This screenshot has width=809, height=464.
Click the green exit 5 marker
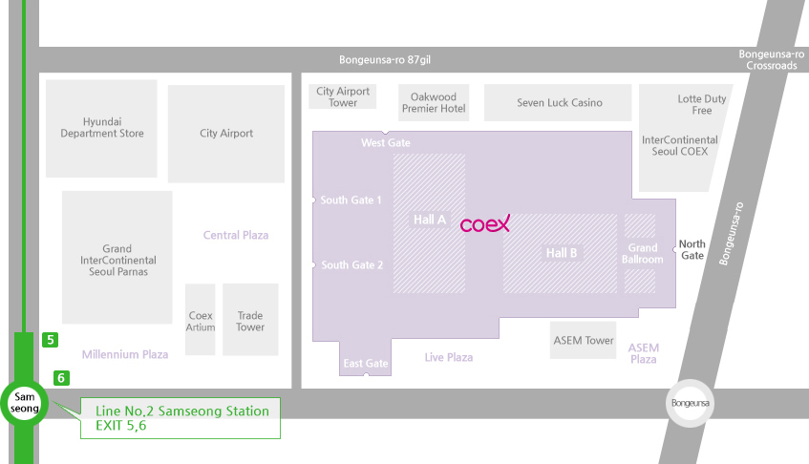[x=50, y=340]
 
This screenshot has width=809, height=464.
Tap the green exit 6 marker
[x=61, y=378]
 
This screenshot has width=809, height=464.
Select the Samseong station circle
[x=24, y=403]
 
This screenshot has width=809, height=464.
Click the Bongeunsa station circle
[x=691, y=403]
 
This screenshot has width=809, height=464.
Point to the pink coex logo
[x=485, y=223]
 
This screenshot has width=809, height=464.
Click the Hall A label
[x=429, y=220]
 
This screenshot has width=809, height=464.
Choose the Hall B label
[x=562, y=253]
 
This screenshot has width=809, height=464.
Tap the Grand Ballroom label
[x=643, y=254]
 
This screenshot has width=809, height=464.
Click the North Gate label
[x=692, y=249]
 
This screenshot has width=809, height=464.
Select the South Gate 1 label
[x=351, y=200]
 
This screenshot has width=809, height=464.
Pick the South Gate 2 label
[x=351, y=265]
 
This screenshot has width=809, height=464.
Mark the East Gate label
[x=366, y=364]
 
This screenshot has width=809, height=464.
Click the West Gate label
[x=386, y=143]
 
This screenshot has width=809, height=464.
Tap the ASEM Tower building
[x=583, y=340]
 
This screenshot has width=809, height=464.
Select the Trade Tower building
[x=250, y=320]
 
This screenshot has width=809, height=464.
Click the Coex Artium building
[x=201, y=320]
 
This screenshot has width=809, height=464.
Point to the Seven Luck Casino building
[x=558, y=102]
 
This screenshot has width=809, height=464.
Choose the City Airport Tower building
[x=343, y=96]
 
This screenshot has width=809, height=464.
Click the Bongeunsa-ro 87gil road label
[x=385, y=60]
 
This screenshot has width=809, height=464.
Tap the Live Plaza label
[x=448, y=357]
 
